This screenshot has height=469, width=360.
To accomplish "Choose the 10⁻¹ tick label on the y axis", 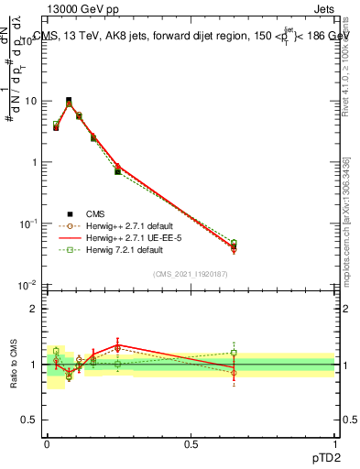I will (29, 224).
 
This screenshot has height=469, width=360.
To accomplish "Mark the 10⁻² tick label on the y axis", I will (29, 285).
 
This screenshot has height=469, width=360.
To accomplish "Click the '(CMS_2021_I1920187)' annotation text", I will (191, 274).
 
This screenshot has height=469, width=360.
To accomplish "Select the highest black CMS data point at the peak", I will (69, 100).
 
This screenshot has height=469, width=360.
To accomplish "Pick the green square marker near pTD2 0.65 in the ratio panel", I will (234, 353).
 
